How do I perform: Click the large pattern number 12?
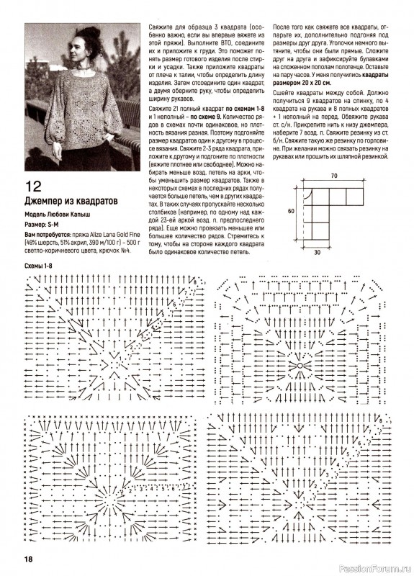[x=33, y=186]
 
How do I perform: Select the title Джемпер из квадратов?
[x=71, y=201]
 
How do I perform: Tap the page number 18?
[x=29, y=559]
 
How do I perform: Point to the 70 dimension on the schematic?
[x=333, y=176]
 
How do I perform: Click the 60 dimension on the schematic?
[x=291, y=211]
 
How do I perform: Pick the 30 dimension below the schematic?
[x=317, y=253]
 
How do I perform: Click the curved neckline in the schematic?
[x=309, y=194]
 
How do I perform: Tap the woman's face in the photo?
[x=77, y=49]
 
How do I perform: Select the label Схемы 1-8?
[x=39, y=266]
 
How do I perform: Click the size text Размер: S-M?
[x=42, y=225]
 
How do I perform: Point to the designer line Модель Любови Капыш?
[x=58, y=215]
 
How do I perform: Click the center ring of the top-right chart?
[x=300, y=366]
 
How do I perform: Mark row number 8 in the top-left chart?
[x=195, y=282]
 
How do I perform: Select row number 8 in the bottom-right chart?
[x=382, y=420]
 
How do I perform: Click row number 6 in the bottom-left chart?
[x=173, y=488]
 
